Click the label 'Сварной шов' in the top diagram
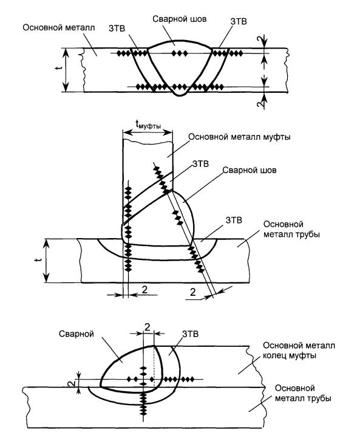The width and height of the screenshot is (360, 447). click(x=179, y=19)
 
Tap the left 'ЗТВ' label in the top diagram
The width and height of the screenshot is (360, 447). click(x=117, y=29)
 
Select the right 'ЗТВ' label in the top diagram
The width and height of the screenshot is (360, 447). click(x=239, y=22)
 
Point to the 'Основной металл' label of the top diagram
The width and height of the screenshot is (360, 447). click(x=59, y=28)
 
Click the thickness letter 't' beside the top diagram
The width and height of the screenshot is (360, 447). click(x=58, y=68)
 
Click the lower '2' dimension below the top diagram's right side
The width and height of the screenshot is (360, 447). click(x=260, y=104)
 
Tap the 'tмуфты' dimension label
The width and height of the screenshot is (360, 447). click(x=148, y=125)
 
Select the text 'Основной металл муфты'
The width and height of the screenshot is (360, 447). click(x=239, y=137)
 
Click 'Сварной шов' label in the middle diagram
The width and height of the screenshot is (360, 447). click(x=249, y=170)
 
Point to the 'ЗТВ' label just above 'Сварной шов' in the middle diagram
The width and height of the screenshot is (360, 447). click(x=201, y=164)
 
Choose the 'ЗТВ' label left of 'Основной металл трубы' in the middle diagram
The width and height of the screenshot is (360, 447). click(x=234, y=220)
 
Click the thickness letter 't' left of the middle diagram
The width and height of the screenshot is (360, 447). click(x=39, y=260)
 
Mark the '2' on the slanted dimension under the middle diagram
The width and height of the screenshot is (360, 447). click(x=193, y=292)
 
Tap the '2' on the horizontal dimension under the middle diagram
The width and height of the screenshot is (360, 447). click(x=145, y=290)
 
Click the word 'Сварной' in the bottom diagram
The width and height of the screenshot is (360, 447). click(x=76, y=334)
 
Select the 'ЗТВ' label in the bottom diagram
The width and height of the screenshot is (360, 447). click(x=190, y=334)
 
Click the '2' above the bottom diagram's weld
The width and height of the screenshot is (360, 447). click(x=147, y=327)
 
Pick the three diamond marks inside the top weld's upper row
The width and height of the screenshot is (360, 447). click(x=180, y=53)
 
